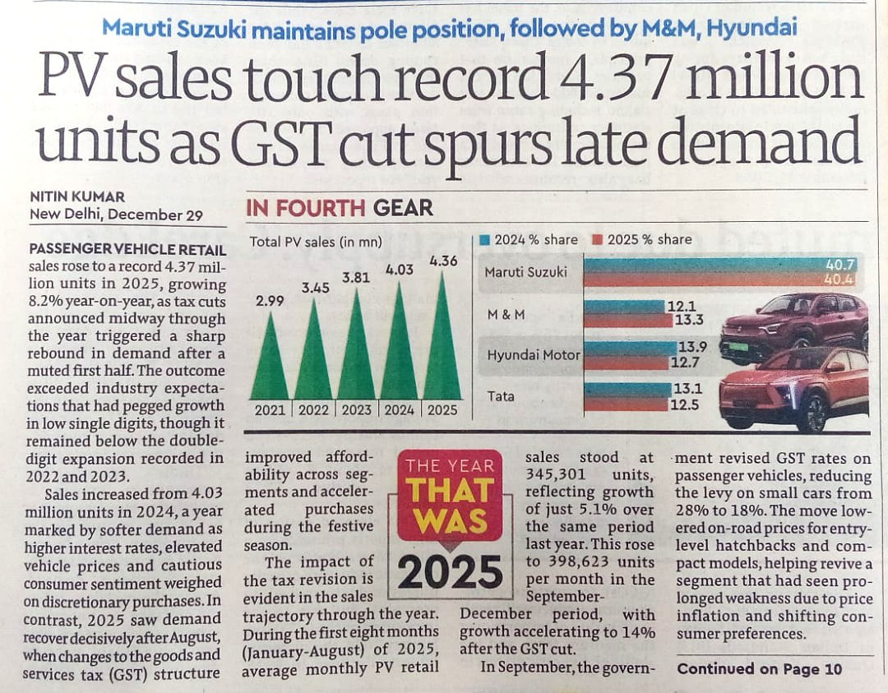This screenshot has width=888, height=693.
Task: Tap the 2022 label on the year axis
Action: (x=313, y=410)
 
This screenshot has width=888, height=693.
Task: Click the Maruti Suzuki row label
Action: (x=525, y=272)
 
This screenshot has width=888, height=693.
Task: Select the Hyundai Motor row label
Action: (x=532, y=355)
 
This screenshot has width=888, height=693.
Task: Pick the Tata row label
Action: (x=501, y=396)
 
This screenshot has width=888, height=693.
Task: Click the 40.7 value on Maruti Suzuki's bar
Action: (x=845, y=265)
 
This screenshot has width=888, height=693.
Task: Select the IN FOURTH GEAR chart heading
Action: (x=339, y=208)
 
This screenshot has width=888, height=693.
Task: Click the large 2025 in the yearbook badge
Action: (x=450, y=571)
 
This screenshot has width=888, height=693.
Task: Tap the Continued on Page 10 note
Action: (x=760, y=669)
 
